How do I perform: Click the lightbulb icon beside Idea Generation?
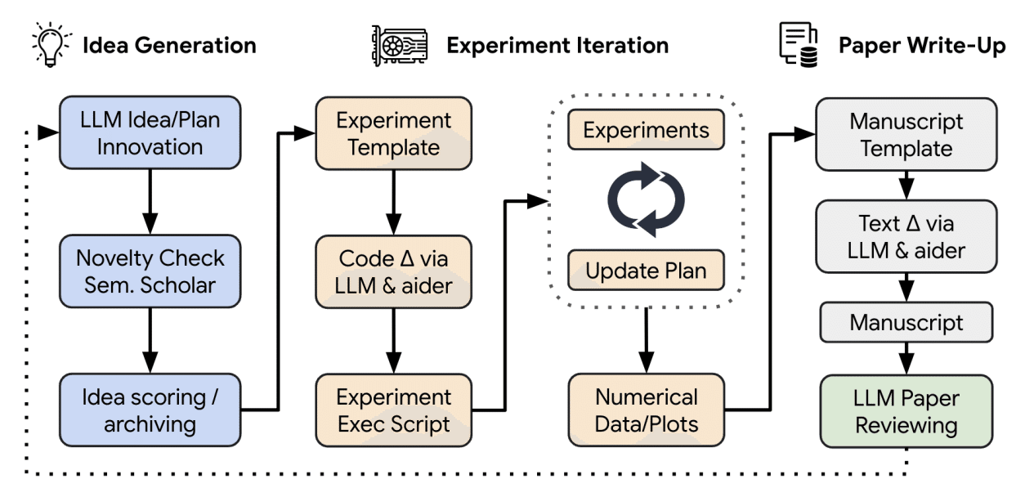point(51,44)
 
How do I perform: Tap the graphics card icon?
point(400,45)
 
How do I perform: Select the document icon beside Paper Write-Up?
point(799,45)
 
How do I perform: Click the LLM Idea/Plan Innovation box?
point(150,132)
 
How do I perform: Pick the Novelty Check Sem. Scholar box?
point(150,271)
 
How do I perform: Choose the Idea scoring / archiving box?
point(150,410)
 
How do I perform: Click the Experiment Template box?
point(393,133)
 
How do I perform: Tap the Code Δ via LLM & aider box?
point(393,272)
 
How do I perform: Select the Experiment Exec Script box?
point(393,410)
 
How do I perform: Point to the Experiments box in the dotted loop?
point(646,129)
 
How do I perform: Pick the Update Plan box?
point(646,270)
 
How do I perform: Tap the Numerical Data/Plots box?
point(646,410)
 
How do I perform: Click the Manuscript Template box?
point(906,135)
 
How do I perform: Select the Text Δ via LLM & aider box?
point(906,236)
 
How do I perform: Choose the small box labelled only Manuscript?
point(906,322)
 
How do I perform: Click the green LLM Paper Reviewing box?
point(906,411)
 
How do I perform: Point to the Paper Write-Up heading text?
point(922,46)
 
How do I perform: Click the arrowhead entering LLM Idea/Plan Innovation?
point(48,132)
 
